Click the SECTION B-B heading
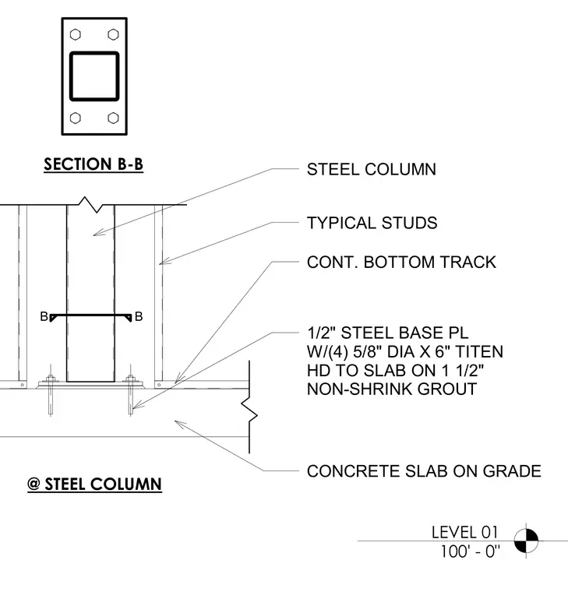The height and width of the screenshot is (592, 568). tap(93, 164)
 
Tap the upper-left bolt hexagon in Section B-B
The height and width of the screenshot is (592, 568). tap(76, 35)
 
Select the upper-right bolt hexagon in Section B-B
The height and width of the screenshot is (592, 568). tap(113, 35)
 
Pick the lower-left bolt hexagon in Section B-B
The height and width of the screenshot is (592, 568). tap(76, 118)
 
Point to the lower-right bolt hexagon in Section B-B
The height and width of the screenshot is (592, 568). tap(113, 118)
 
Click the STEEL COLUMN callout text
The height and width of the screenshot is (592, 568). tap(372, 170)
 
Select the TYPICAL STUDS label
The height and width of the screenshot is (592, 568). tap(372, 223)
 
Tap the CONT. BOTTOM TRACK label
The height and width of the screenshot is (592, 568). tap(401, 263)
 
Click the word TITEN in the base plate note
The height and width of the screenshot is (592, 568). tap(479, 352)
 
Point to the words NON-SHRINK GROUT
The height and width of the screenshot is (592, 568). tap(392, 389)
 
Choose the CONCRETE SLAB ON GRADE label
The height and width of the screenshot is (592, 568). tap(424, 471)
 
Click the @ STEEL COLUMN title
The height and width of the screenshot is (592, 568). tap(94, 484)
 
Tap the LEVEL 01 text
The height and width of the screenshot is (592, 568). tap(465, 532)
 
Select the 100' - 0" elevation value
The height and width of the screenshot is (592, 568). tap(470, 551)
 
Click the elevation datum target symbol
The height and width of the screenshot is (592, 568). tap(526, 541)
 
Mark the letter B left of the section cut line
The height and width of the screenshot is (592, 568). tap(44, 316)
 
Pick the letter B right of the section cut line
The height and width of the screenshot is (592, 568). tap(139, 316)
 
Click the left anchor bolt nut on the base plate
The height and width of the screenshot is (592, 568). tap(50, 379)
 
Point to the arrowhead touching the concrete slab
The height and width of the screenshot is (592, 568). tap(180, 424)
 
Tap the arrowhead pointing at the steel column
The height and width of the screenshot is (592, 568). tap(99, 233)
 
